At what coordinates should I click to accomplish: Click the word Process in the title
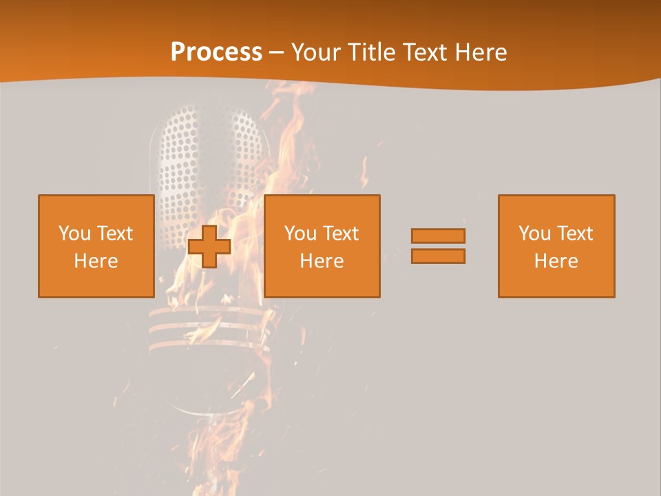[216, 52]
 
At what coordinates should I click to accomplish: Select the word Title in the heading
[373, 52]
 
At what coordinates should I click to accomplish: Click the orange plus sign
[209, 247]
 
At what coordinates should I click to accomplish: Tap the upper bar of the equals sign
[438, 236]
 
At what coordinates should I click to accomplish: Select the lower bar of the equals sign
[438, 256]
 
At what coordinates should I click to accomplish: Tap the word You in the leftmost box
[74, 234]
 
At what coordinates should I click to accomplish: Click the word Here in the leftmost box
[96, 261]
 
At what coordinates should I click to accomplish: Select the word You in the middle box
[300, 234]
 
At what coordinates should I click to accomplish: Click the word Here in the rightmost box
[556, 261]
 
